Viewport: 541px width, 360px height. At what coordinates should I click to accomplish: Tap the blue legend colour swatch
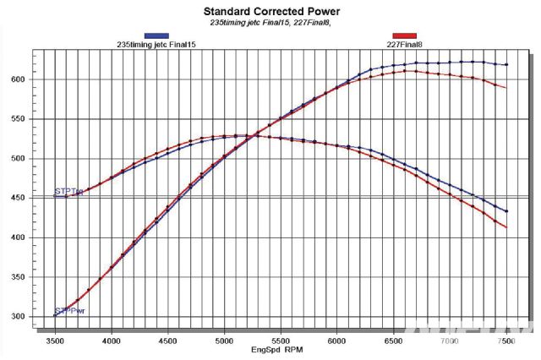point(157,35)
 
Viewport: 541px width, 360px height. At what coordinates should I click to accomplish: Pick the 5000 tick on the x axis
point(224,341)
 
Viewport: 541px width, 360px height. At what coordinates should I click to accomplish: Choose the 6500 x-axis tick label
point(393,341)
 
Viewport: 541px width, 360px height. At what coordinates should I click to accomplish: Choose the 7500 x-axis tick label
point(505,341)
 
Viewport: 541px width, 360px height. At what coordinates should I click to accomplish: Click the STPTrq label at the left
point(68,193)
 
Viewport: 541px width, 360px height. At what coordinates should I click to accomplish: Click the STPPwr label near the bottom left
point(69,311)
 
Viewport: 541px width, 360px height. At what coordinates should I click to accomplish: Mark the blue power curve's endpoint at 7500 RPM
point(505,64)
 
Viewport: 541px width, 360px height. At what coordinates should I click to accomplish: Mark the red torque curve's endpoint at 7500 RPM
point(505,227)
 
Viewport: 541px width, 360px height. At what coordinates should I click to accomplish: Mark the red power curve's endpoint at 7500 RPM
point(505,88)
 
